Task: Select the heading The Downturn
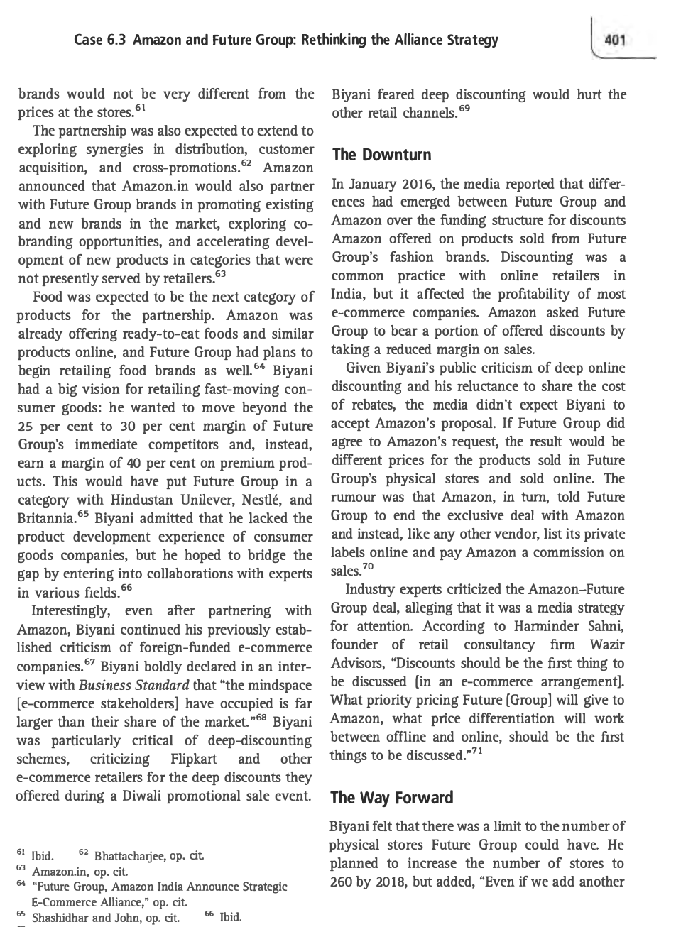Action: [x=380, y=155]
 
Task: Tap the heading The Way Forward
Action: [x=391, y=798]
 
